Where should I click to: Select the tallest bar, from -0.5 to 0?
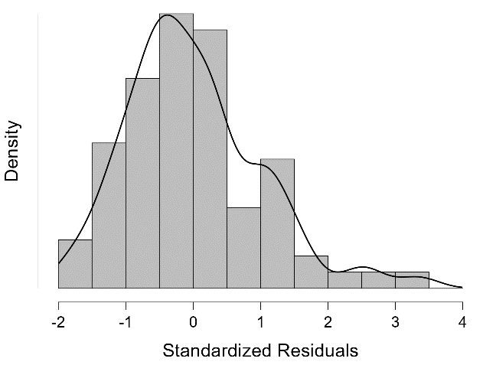tap(176, 153)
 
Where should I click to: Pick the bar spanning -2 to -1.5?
tap(75, 264)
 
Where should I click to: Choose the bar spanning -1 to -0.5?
tap(142, 184)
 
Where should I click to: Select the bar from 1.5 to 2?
tap(311, 272)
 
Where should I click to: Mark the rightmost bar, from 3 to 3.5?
tap(412, 280)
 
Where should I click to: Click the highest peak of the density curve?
tap(167, 16)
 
